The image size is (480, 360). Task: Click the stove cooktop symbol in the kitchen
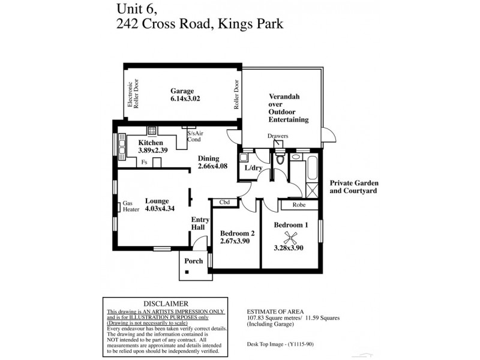(x=152, y=130)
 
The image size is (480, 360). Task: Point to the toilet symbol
(x=279, y=160)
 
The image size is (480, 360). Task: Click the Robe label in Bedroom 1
(x=300, y=205)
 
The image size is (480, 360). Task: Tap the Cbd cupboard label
(x=224, y=202)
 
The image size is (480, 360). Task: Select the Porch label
(x=193, y=261)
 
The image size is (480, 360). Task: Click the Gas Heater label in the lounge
(x=131, y=206)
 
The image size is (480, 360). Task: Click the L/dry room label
(x=254, y=168)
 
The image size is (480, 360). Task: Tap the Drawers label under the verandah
(x=278, y=136)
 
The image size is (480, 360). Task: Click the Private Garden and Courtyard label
(x=354, y=187)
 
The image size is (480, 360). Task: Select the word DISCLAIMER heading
(x=166, y=304)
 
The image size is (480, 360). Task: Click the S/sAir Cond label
(x=194, y=137)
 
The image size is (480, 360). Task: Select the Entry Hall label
(x=200, y=223)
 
